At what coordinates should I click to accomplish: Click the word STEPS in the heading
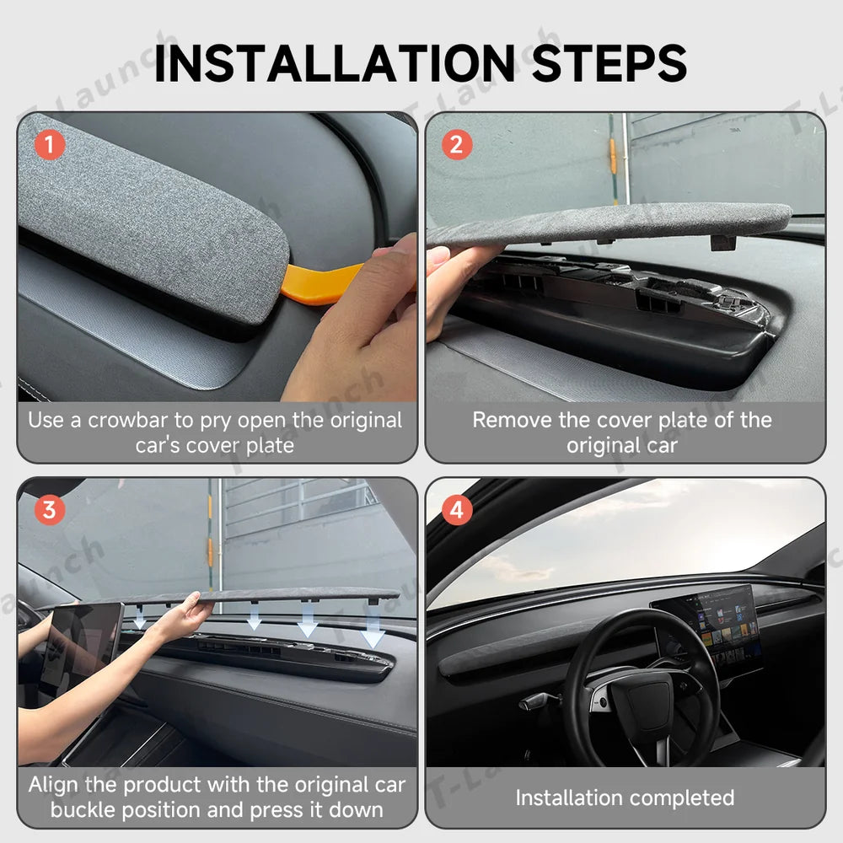pos(609,63)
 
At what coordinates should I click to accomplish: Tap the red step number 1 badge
pos(50,145)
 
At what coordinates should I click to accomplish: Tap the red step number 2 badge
pos(456,145)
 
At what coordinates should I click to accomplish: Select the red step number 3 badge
pos(50,510)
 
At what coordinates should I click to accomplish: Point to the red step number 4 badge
pos(456,510)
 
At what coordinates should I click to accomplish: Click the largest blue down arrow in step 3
pos(372,630)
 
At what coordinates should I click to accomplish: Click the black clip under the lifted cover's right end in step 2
pos(722,243)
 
